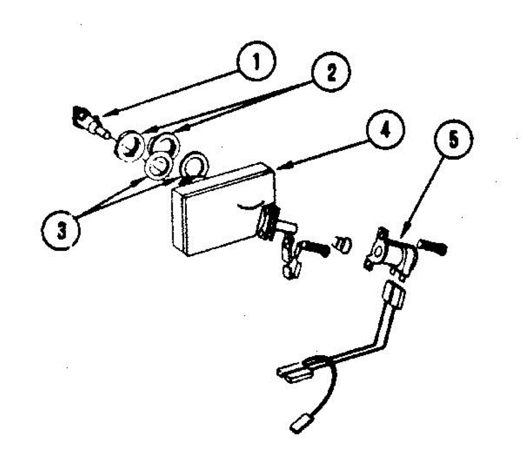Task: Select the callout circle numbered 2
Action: click(330, 73)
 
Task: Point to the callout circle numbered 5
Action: click(454, 140)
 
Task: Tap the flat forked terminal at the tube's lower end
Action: click(293, 372)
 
